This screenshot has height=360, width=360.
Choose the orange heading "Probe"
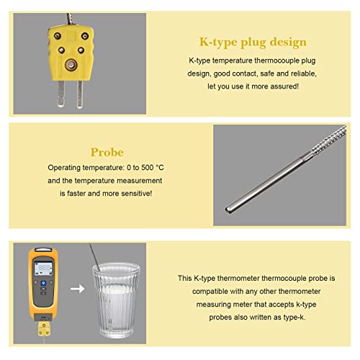[107, 153]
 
